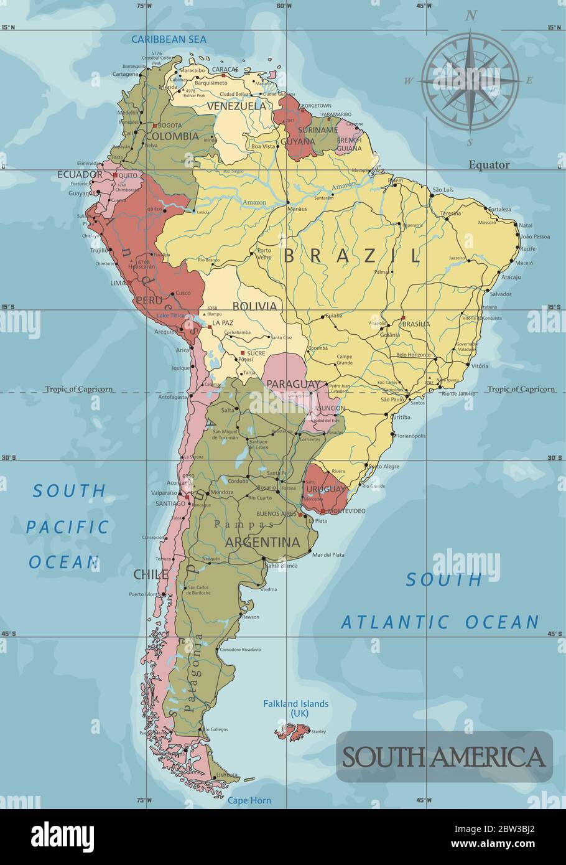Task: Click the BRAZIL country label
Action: click(x=352, y=256)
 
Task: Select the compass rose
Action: click(x=471, y=80)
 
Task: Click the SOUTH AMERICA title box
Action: click(x=444, y=757)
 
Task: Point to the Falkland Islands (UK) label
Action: click(x=296, y=708)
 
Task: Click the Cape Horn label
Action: click(x=249, y=800)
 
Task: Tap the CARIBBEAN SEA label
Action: click(x=169, y=39)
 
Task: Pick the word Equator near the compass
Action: click(x=489, y=165)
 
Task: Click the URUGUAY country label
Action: click(x=325, y=490)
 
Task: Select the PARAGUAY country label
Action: click(x=294, y=384)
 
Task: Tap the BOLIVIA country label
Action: click(x=254, y=306)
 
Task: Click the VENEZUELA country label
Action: click(x=236, y=106)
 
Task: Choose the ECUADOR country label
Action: click(x=80, y=175)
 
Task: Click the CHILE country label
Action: click(x=151, y=574)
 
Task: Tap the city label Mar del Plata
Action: click(x=328, y=554)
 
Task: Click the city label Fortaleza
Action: click(x=499, y=209)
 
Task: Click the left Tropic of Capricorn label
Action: click(x=78, y=389)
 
